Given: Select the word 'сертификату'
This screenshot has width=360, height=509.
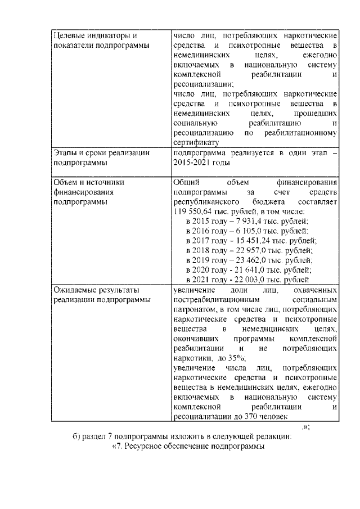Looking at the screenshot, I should (x=194, y=142).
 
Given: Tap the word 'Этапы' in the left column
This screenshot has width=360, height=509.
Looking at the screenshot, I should (x=65, y=152).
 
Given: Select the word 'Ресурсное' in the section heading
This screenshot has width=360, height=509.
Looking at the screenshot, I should (x=142, y=447).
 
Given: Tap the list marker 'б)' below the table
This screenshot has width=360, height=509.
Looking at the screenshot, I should (x=77, y=437).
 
